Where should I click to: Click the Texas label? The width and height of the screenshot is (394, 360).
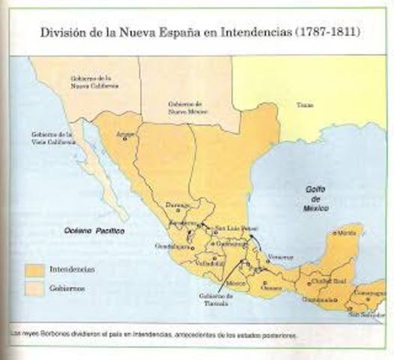[x=304, y=105]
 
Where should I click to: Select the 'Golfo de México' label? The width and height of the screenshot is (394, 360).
[x=317, y=197]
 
